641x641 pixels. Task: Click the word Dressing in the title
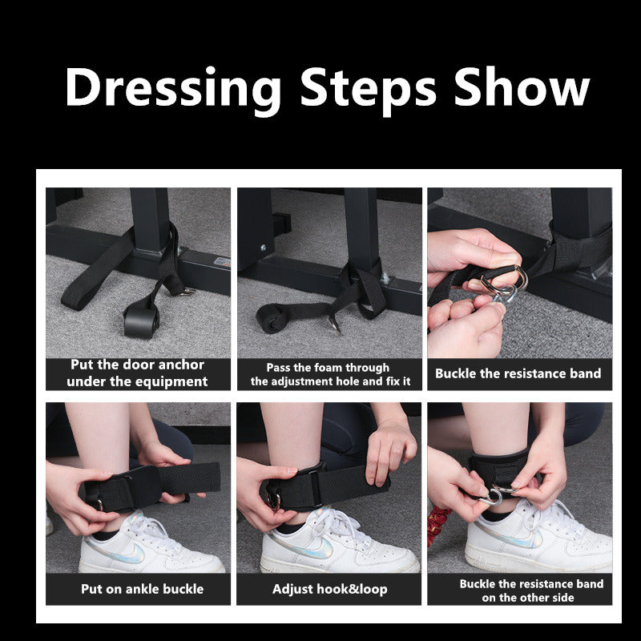click(x=173, y=89)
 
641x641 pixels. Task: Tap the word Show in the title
click(x=522, y=87)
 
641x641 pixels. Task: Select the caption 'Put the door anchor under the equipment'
click(x=137, y=373)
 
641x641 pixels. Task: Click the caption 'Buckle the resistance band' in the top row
click(x=518, y=373)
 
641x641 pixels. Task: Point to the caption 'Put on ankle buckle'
click(x=143, y=589)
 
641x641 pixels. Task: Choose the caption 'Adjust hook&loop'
click(x=329, y=589)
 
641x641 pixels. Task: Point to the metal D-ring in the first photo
click(x=188, y=291)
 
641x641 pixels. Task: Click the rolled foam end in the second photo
click(x=271, y=318)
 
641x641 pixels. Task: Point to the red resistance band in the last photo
click(x=438, y=525)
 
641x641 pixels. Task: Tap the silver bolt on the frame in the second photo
click(x=385, y=280)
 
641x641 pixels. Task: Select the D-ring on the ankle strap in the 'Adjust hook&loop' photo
click(x=272, y=499)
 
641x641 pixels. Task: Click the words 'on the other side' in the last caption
click(x=528, y=598)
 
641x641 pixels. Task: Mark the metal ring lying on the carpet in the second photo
click(x=334, y=325)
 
